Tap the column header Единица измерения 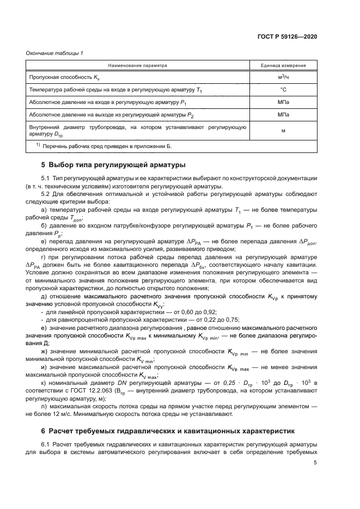pyautogui.click(x=283, y=65)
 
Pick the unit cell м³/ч pyautogui.click(x=283, y=77)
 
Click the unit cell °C pyautogui.click(x=283, y=89)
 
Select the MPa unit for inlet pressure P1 pyautogui.click(x=283, y=102)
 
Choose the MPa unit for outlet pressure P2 pyautogui.click(x=283, y=115)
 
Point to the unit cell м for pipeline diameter pyautogui.click(x=283, y=131)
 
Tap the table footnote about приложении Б pyautogui.click(x=103, y=147)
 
